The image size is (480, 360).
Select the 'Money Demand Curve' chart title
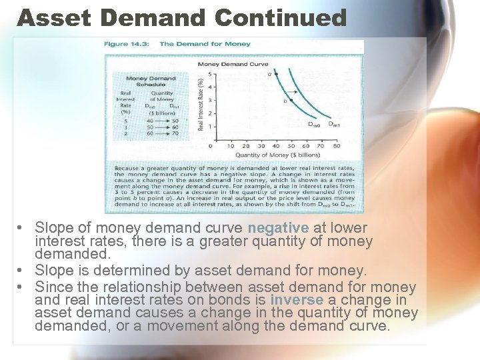233,64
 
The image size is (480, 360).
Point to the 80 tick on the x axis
336,146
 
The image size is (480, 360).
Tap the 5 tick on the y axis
210,74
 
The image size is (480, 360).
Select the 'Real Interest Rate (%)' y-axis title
201,103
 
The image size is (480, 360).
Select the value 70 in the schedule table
174,133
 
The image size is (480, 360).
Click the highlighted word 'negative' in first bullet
278,227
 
